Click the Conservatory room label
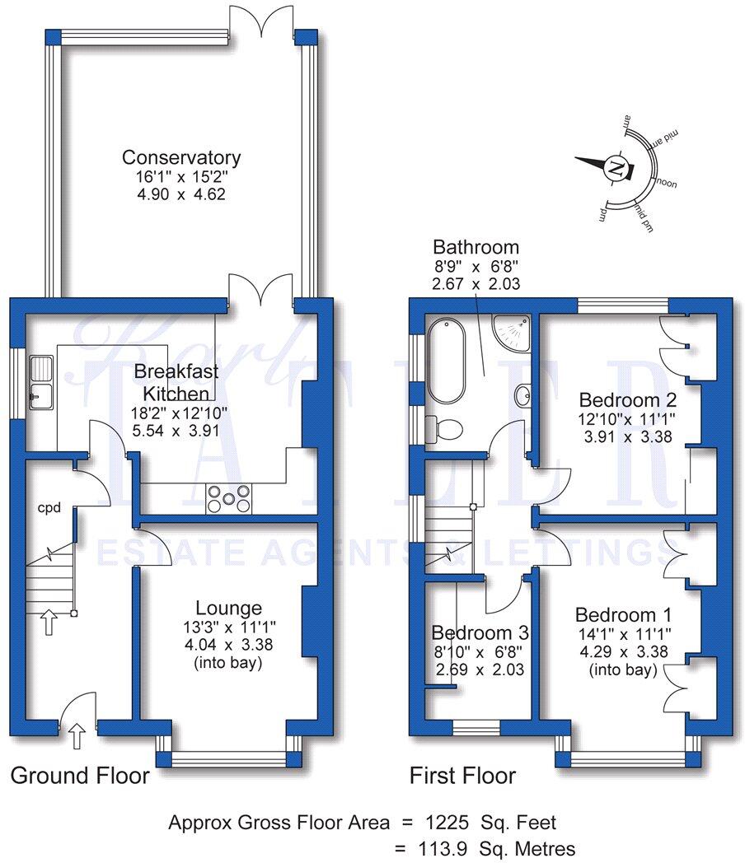[x=181, y=157]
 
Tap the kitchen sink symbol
[x=40, y=381]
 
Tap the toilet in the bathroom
[x=446, y=429]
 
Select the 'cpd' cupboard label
[x=49, y=508]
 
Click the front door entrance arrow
[x=78, y=735]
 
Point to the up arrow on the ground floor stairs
[x=49, y=622]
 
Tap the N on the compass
[x=616, y=168]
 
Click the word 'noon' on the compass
[x=666, y=183]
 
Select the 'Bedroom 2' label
[x=628, y=400]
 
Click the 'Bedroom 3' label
[x=480, y=633]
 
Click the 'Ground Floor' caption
[x=80, y=775]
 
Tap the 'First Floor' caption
[x=463, y=775]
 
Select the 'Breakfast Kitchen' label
[x=178, y=380]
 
